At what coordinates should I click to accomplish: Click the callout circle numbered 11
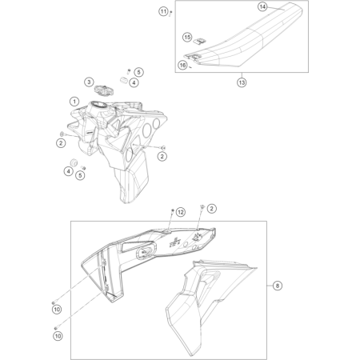(163, 11)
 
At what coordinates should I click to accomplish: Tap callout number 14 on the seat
(262, 6)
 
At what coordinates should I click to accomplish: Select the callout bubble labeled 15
(187, 37)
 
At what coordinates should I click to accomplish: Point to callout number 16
(182, 65)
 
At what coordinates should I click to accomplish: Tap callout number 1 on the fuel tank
(74, 102)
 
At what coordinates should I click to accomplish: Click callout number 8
(278, 285)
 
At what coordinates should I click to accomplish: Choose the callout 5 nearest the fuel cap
(138, 72)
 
